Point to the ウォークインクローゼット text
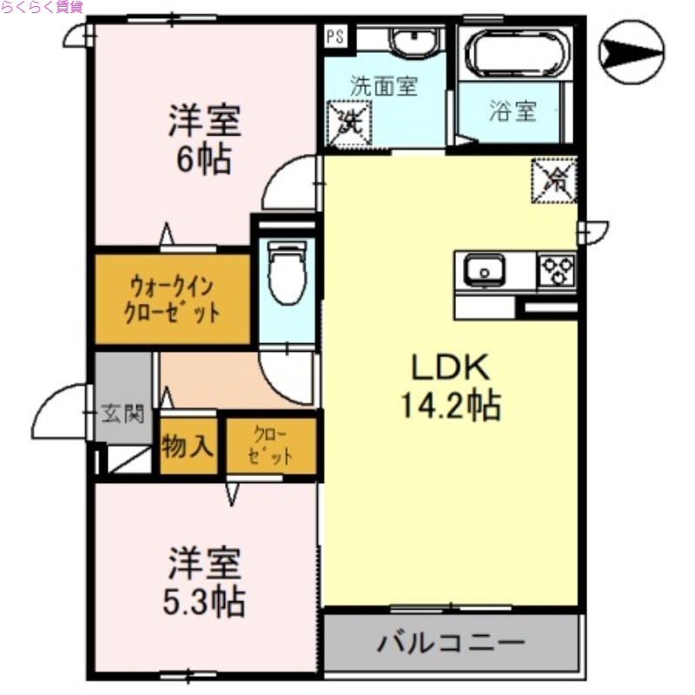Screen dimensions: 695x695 coord(173,299)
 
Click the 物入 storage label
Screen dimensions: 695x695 coord(188,447)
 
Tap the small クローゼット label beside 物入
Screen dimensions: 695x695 coord(270,447)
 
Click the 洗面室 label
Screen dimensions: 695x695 coord(384,86)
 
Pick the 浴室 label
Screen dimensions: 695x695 coord(513,111)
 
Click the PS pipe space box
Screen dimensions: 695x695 coord(335,36)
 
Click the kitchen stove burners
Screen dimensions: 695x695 coord(558,270)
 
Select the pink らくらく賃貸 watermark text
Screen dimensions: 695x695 coord(42,8)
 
